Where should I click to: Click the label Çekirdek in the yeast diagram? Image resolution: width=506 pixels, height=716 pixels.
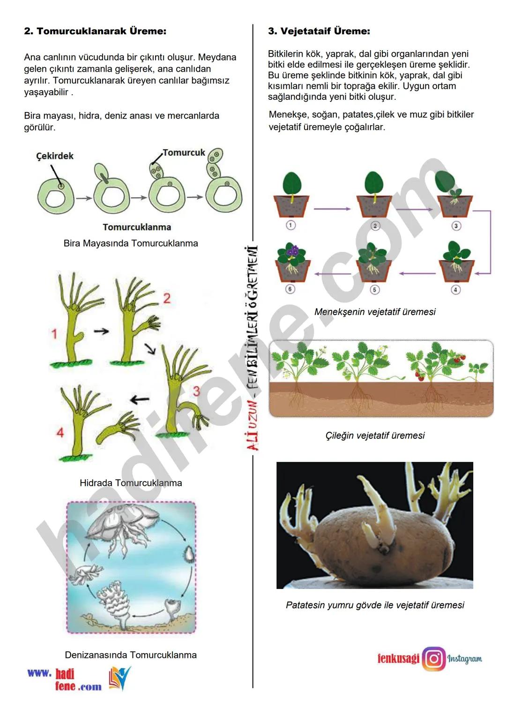tap(55, 156)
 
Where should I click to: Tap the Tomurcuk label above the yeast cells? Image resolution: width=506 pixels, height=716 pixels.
tap(184, 152)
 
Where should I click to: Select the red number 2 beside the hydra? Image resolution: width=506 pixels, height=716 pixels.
tap(167, 299)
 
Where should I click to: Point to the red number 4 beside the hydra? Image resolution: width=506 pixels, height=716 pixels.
tap(60, 433)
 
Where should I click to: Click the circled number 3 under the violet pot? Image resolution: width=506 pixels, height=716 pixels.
tap(456, 226)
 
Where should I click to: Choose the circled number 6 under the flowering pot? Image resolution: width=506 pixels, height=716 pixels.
tap(290, 289)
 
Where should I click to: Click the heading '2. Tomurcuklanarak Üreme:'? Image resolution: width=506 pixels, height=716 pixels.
tap(95, 31)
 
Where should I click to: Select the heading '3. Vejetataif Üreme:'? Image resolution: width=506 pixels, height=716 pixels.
tap(319, 31)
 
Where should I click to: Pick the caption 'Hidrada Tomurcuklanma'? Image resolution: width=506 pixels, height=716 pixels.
tap(131, 482)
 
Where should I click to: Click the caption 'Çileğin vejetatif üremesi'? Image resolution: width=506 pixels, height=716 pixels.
tap(375, 435)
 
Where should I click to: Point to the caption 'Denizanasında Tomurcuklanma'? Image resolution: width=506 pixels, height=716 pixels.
tap(131, 655)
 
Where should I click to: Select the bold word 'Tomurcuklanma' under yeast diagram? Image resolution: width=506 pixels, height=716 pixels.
tap(137, 227)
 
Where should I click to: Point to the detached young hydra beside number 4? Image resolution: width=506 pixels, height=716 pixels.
tap(118, 427)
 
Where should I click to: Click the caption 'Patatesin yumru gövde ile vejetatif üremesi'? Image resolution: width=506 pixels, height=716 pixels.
tap(375, 605)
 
